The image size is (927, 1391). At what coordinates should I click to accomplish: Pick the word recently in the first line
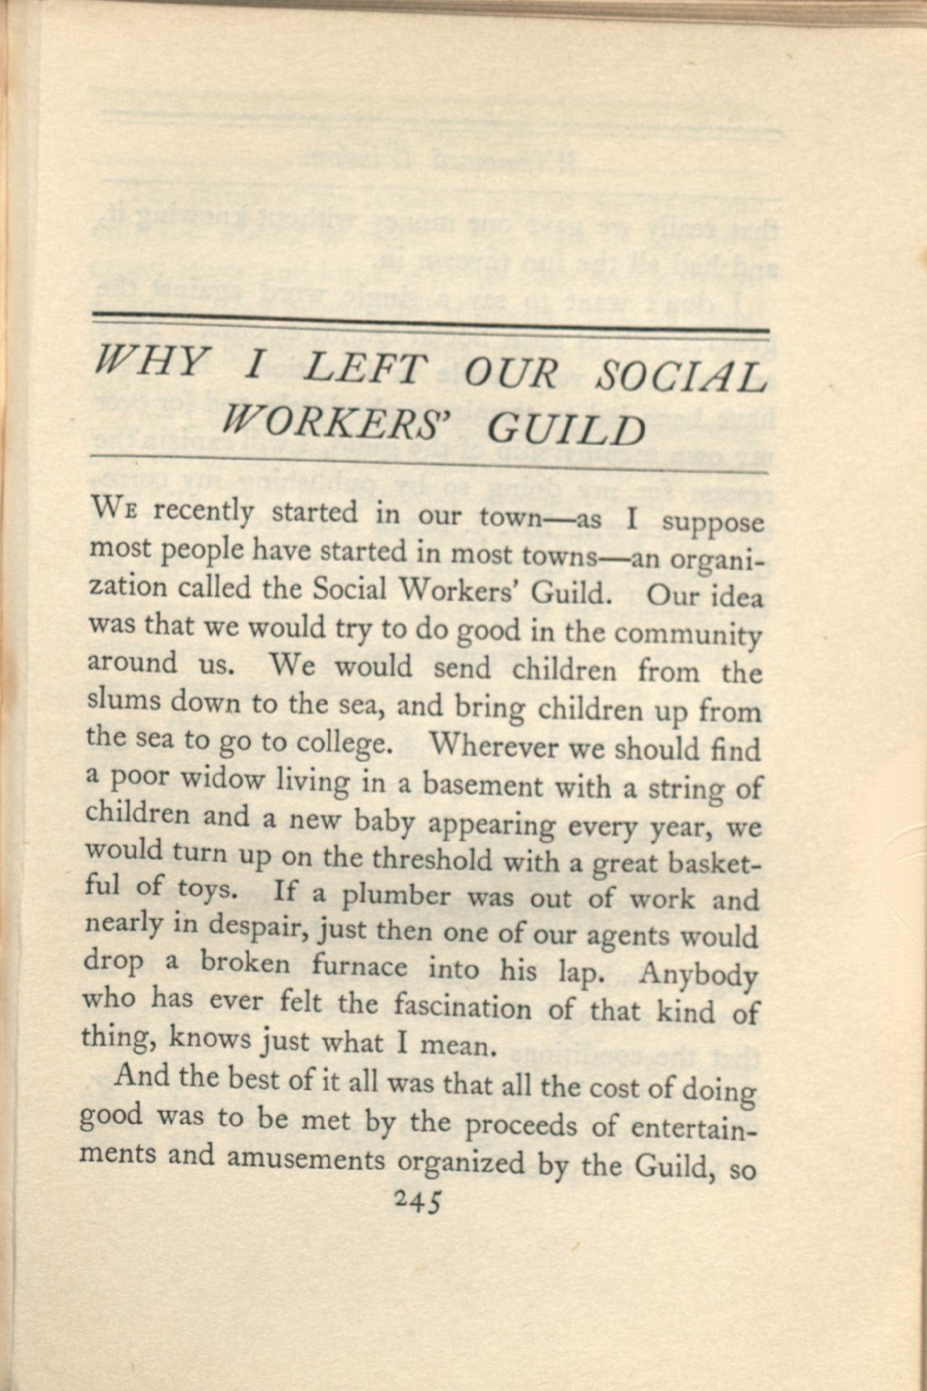(204, 512)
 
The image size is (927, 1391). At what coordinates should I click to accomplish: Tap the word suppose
(712, 522)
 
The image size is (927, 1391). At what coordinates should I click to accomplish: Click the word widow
(223, 780)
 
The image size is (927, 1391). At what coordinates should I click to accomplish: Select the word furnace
(359, 966)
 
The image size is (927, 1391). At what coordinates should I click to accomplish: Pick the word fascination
(462, 1008)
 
